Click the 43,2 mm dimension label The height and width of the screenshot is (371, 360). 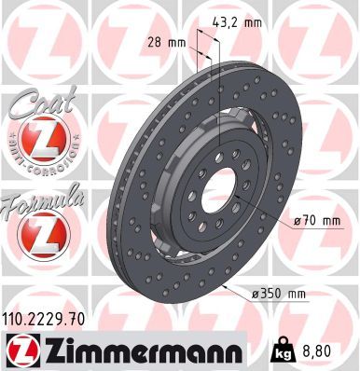pos(237,22)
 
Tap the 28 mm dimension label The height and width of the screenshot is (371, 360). pos(166,42)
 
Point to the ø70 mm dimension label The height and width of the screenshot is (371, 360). pos(317,221)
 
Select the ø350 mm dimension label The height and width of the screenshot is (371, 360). pos(279,294)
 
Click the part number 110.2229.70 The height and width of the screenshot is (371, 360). pos(44,319)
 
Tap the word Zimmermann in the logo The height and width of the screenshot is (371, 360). pos(144,350)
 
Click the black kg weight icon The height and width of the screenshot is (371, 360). pos(283,350)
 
